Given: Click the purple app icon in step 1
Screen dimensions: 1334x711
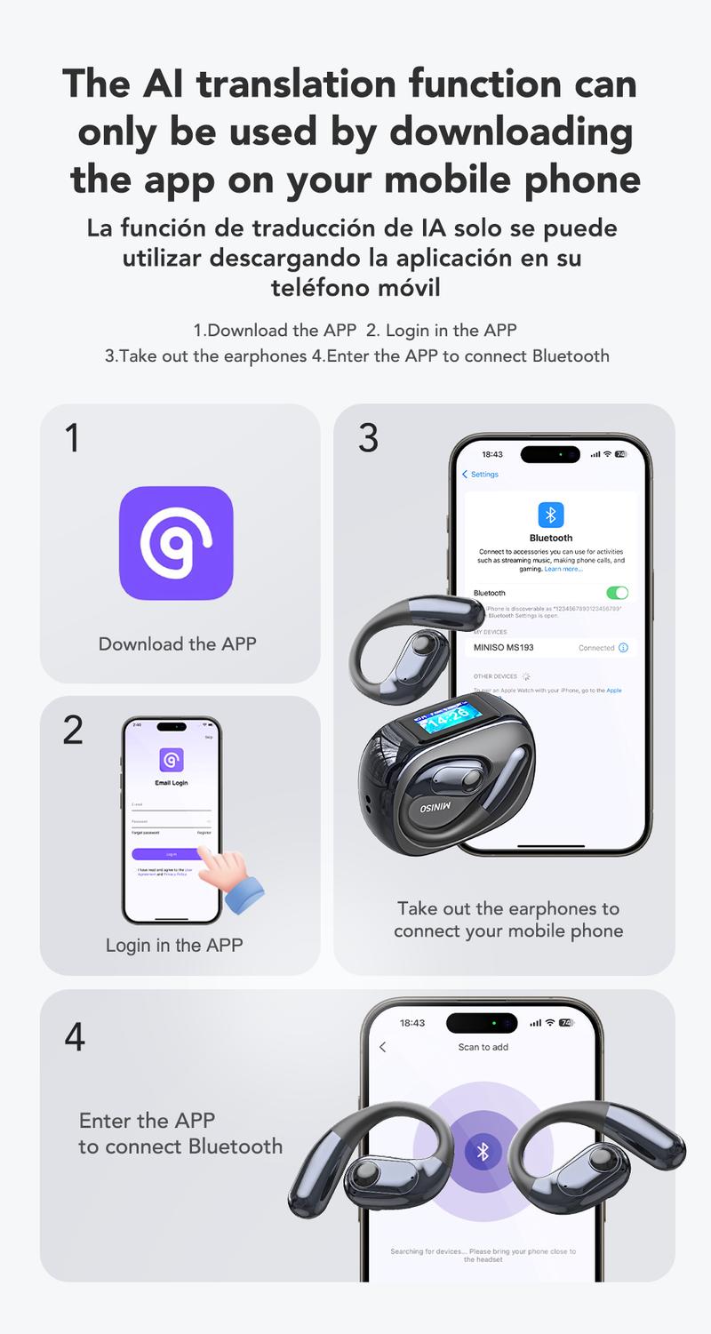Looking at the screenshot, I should [x=176, y=543].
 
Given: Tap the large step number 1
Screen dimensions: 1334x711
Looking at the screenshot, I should [x=72, y=438].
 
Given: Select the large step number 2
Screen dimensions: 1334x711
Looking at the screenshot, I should [x=73, y=730].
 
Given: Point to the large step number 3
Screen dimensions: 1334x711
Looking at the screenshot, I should [x=367, y=438].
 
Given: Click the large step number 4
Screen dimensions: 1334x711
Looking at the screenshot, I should [x=75, y=1036].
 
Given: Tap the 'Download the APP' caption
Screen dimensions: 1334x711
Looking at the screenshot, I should [x=177, y=644].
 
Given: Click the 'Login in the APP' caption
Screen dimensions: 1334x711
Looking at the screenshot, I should [x=174, y=945].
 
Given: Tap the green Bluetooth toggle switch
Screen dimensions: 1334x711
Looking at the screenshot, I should [x=616, y=593].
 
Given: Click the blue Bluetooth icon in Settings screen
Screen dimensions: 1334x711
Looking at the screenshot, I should [x=551, y=515].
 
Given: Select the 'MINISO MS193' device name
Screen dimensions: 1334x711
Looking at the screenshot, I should [x=503, y=647].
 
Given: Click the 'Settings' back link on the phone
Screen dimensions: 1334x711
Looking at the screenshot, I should [x=481, y=475].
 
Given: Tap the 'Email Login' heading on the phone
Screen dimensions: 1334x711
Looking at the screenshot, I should [x=172, y=783].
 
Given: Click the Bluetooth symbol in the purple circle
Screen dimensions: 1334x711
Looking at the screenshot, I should [x=483, y=1152].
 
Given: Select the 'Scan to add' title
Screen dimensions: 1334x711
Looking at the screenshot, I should [x=483, y=1047].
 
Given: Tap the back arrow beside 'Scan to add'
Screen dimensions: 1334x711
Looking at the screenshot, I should [x=383, y=1047].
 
